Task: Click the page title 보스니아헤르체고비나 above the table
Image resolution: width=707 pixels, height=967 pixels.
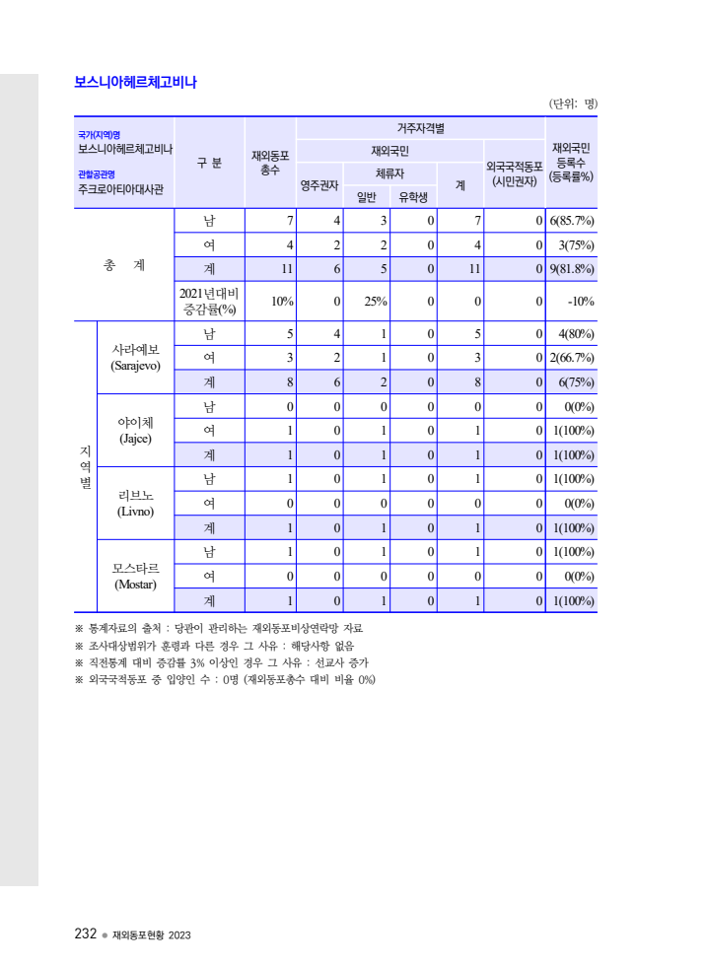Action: click(135, 83)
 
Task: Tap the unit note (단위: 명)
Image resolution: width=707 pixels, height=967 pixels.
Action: click(572, 103)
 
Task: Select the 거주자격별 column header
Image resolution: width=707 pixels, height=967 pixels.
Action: click(420, 128)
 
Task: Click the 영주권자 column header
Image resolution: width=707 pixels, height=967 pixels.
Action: click(319, 184)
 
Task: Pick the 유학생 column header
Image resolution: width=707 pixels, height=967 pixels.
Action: click(413, 196)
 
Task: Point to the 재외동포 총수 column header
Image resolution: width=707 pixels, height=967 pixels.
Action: click(270, 163)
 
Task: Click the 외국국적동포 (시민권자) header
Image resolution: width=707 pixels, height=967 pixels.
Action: click(515, 173)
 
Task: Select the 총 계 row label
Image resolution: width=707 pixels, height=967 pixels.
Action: click(124, 265)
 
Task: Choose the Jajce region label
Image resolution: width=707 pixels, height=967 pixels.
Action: click(135, 430)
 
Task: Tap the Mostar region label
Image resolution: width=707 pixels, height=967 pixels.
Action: click(135, 577)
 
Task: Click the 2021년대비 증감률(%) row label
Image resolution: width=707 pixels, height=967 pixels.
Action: click(209, 301)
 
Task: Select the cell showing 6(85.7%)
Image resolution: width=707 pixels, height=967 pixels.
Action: click(571, 220)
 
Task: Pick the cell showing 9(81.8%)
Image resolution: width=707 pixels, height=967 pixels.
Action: click(571, 268)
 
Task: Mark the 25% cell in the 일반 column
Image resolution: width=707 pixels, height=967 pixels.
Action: click(375, 301)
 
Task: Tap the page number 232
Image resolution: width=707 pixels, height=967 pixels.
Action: click(86, 933)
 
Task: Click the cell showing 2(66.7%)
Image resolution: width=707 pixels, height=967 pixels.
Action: click(571, 357)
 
